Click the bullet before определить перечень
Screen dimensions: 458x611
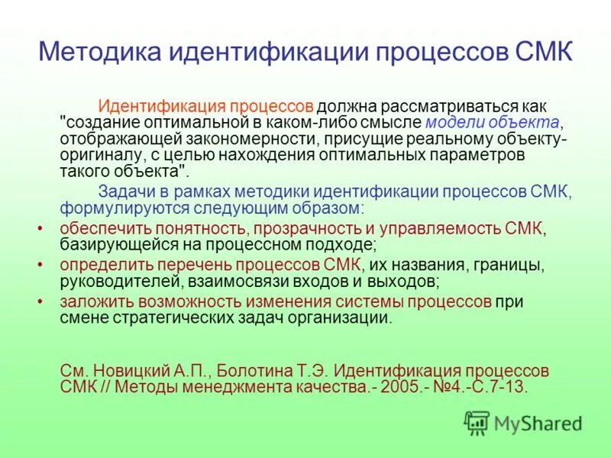coord(40,265)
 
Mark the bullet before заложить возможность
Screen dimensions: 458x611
coord(40,302)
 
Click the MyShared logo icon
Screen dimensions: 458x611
coord(477,421)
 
